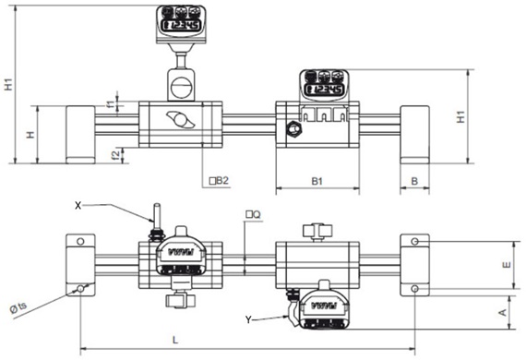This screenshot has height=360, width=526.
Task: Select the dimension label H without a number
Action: click(x=30, y=135)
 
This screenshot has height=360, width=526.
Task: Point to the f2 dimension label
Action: click(x=110, y=153)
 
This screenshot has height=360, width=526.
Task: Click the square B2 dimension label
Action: click(x=218, y=181)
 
